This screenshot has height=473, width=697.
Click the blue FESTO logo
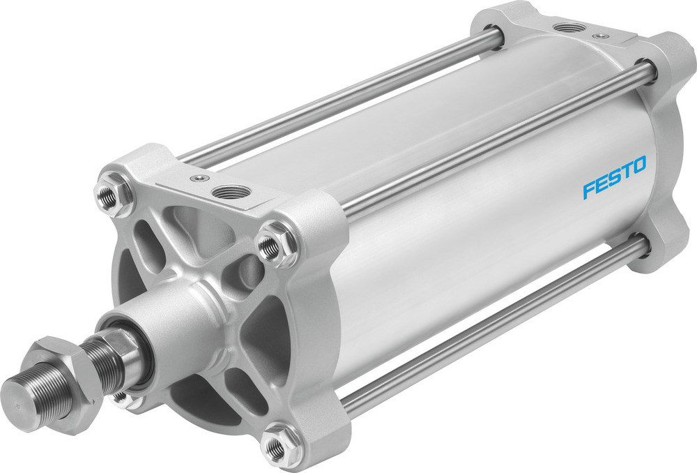click(615, 178)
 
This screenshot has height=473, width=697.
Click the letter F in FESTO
click(589, 189)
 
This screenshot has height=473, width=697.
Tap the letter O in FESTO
click(638, 166)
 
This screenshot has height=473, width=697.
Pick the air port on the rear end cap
click(570, 28)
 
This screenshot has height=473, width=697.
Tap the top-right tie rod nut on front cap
click(269, 246)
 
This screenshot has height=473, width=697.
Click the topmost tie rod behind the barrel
click(335, 105)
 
